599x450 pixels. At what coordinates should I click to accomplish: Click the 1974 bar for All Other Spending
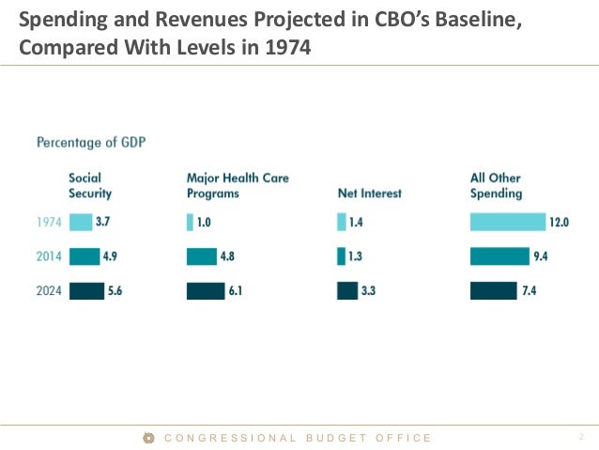(507, 223)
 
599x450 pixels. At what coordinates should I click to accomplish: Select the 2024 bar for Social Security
(86, 291)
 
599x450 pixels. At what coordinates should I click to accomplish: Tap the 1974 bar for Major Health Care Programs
(190, 223)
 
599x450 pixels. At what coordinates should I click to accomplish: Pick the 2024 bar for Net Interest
(347, 291)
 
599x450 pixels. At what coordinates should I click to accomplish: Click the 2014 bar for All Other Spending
(499, 256)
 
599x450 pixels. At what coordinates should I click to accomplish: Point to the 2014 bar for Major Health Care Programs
(202, 256)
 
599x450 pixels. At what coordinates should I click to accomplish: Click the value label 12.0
(561, 223)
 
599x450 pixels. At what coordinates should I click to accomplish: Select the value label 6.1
(235, 291)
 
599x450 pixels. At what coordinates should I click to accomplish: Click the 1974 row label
(49, 223)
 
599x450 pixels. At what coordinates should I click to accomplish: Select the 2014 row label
(49, 256)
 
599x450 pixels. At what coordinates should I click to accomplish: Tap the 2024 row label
(49, 291)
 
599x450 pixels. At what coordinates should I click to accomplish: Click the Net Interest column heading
(369, 194)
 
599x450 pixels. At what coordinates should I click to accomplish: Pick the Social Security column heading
(90, 186)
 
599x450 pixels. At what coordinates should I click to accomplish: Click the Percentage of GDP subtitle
(91, 143)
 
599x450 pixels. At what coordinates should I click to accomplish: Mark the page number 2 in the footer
(581, 438)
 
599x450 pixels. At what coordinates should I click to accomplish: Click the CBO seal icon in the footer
(148, 438)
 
